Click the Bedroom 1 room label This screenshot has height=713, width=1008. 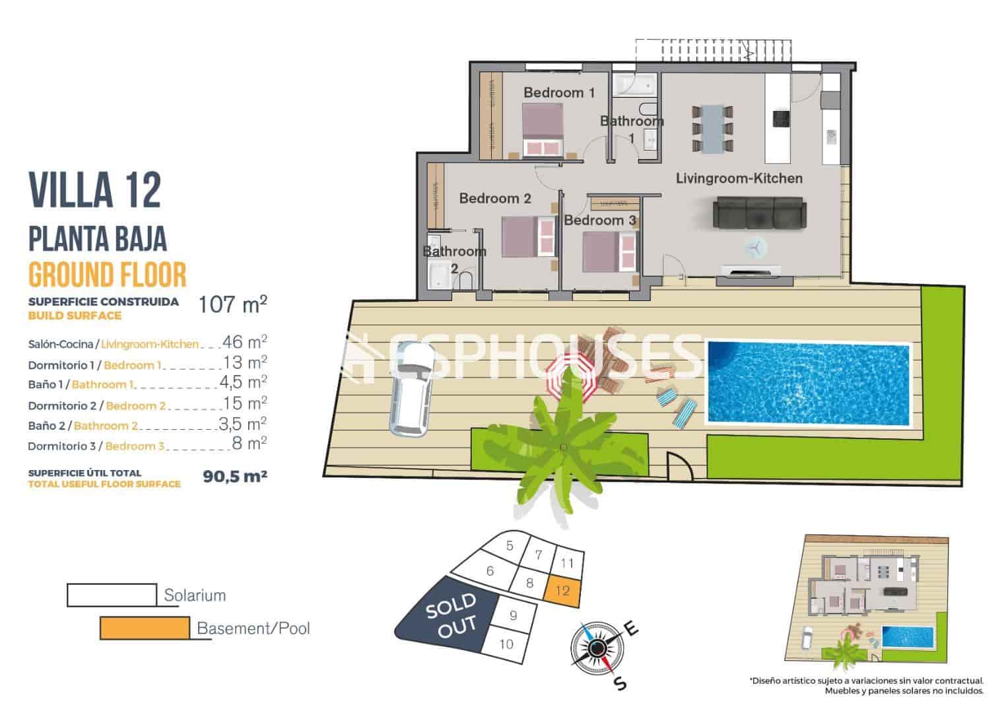point(558,93)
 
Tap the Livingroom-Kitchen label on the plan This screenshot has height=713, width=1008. point(739,178)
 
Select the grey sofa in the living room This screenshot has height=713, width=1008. point(759,214)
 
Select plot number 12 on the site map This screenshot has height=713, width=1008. point(562,590)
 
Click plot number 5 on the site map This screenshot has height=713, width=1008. point(510,546)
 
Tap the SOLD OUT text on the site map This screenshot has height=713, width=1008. point(451,615)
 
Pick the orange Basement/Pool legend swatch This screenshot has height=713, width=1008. point(145,628)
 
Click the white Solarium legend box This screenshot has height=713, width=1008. point(112,594)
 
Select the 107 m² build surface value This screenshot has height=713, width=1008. point(233,304)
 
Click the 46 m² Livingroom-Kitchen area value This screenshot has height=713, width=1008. point(244,342)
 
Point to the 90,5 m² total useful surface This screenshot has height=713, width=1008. point(235,476)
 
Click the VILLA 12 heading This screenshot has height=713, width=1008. point(95,190)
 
